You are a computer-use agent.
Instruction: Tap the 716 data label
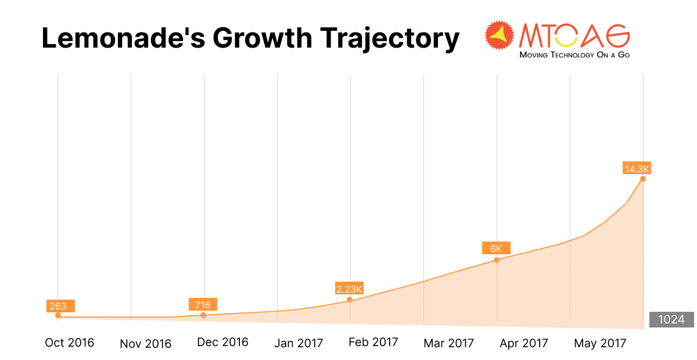coord(203,304)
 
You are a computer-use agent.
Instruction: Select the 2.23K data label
coord(349,289)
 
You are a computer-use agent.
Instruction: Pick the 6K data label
coord(496,248)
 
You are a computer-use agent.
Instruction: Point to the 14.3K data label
coord(637,169)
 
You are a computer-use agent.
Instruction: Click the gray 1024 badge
coord(671,319)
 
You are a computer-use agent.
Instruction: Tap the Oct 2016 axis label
coord(70,343)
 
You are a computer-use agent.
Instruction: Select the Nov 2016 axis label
coord(146,344)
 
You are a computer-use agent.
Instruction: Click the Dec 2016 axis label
coord(222,342)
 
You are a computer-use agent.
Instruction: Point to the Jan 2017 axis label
coord(299,343)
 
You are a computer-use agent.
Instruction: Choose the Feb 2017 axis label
coord(373,341)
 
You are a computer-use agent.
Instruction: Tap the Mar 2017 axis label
coord(449,343)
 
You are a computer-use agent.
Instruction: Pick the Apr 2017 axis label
coord(524,343)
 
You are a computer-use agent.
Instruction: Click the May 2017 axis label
coord(600,343)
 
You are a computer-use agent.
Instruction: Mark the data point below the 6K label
coord(497,260)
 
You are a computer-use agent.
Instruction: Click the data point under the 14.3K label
coord(643,179)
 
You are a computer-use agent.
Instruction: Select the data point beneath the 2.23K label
coord(350,300)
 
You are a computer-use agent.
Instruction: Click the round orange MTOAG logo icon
coord(500,37)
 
